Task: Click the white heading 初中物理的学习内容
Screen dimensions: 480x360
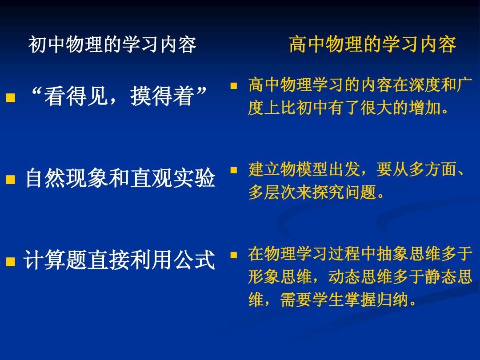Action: point(112,45)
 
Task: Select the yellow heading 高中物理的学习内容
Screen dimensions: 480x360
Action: point(373,44)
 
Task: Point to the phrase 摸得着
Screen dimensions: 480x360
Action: point(162,96)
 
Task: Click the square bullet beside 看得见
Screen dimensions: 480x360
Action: point(10,97)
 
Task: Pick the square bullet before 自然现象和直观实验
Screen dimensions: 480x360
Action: point(10,179)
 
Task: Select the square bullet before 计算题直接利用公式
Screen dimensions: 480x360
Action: point(10,261)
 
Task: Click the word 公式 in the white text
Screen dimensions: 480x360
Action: point(194,260)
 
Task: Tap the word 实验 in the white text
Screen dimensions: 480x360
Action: point(194,178)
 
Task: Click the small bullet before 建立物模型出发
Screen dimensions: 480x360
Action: point(234,170)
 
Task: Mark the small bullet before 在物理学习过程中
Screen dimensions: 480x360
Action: point(234,255)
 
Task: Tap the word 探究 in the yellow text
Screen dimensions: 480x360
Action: point(328,192)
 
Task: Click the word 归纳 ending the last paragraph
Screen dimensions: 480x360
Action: point(393,300)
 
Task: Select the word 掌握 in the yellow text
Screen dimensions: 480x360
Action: point(360,300)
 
